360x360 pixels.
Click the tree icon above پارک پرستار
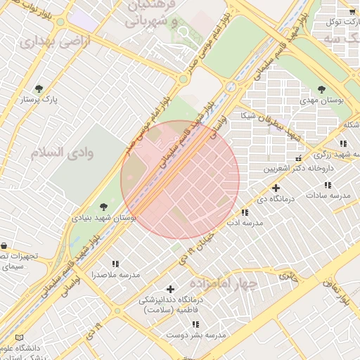click(38, 89)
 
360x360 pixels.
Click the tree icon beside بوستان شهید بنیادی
click(103, 207)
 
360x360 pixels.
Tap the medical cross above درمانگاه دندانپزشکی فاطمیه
click(169, 289)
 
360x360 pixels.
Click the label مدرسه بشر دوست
click(196, 335)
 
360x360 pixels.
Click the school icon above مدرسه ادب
click(244, 212)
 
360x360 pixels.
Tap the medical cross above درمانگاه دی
click(276, 188)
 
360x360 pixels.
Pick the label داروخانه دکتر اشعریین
click(297, 169)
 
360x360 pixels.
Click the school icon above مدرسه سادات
click(328, 184)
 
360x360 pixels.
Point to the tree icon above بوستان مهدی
click(321, 89)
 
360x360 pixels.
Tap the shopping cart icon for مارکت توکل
click(352, 11)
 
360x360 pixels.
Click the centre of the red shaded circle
click(180, 180)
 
